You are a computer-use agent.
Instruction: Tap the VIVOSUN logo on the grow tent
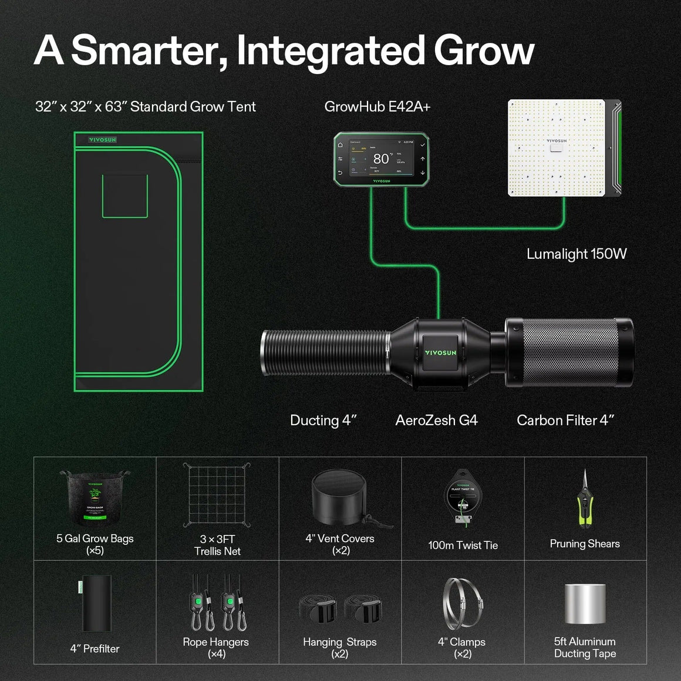(103, 140)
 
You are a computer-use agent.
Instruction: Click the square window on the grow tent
(124, 195)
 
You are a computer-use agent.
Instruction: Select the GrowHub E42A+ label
(377, 107)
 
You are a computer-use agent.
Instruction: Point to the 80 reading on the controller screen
(381, 159)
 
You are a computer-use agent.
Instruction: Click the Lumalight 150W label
(576, 254)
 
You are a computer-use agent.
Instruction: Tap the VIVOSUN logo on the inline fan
(440, 353)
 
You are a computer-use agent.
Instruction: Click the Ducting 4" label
(323, 420)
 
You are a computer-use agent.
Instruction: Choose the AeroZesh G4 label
(436, 420)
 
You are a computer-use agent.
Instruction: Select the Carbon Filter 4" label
(565, 420)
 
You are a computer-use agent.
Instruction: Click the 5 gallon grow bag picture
(95, 498)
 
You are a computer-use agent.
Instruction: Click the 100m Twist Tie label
(463, 545)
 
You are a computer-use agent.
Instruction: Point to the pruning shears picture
(585, 500)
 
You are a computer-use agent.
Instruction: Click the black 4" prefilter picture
(96, 604)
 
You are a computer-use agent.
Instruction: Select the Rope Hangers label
(215, 642)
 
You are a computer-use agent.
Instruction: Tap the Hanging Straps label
(339, 642)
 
